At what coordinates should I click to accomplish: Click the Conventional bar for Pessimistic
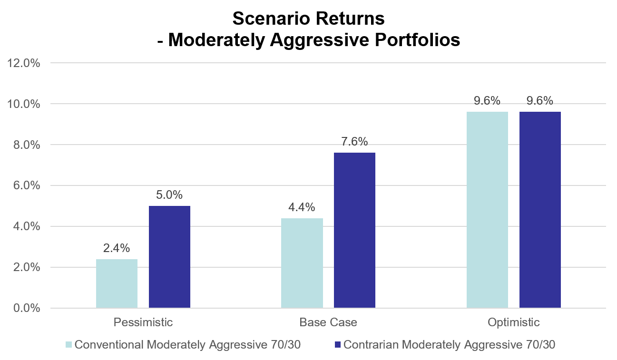point(117,283)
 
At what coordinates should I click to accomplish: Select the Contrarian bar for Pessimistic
point(169,257)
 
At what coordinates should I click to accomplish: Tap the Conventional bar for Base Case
point(302,263)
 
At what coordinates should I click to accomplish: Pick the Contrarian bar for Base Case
point(354,230)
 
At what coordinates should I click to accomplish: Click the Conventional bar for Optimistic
point(487,210)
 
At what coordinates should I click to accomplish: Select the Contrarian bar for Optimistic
point(540,210)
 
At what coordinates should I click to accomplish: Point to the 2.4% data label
point(117,248)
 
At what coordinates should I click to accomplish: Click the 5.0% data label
point(169,195)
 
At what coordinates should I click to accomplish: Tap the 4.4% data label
point(302,207)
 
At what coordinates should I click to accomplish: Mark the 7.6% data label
point(354,142)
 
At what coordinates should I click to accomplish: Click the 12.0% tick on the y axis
point(23,63)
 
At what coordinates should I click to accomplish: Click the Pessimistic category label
point(143,322)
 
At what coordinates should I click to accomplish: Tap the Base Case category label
point(328,322)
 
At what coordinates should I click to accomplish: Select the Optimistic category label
point(513,322)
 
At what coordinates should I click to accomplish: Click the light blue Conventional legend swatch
point(69,344)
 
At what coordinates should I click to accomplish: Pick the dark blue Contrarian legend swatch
point(338,344)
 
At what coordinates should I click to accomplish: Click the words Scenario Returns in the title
point(308,19)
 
